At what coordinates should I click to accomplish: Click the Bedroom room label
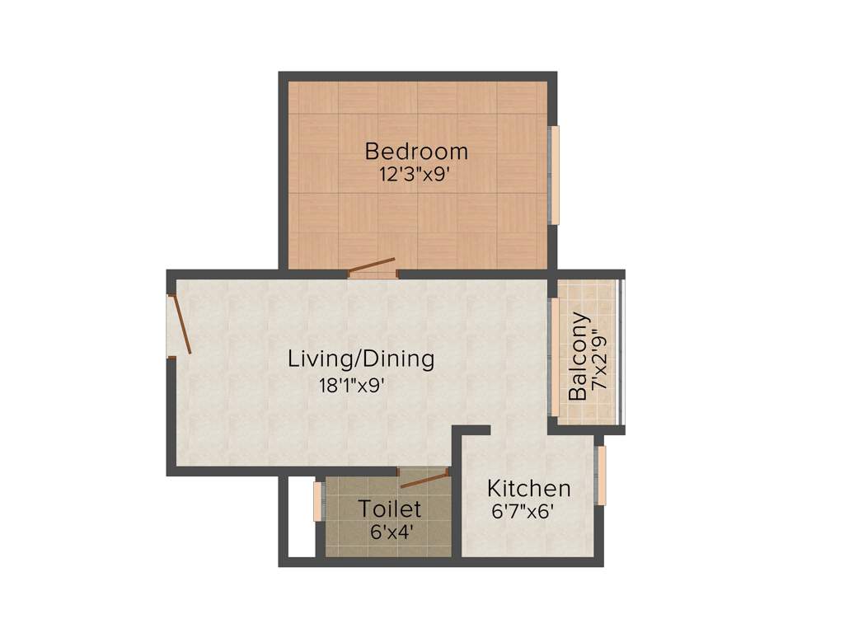click(x=416, y=152)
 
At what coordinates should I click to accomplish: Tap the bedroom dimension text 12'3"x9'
click(x=414, y=175)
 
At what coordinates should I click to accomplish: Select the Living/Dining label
click(x=360, y=359)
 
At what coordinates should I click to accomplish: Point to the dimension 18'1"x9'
click(x=352, y=384)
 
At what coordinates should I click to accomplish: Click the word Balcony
click(x=579, y=356)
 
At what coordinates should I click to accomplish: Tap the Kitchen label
click(x=528, y=488)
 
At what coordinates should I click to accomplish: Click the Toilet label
click(x=390, y=509)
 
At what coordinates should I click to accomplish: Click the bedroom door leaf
click(x=372, y=265)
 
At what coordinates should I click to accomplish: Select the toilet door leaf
click(x=424, y=479)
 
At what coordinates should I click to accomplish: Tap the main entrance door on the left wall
click(x=181, y=325)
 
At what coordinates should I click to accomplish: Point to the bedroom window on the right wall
click(x=555, y=174)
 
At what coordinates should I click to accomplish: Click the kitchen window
click(x=602, y=476)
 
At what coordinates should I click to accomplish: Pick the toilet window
click(x=318, y=501)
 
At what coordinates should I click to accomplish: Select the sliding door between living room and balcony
click(x=555, y=355)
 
